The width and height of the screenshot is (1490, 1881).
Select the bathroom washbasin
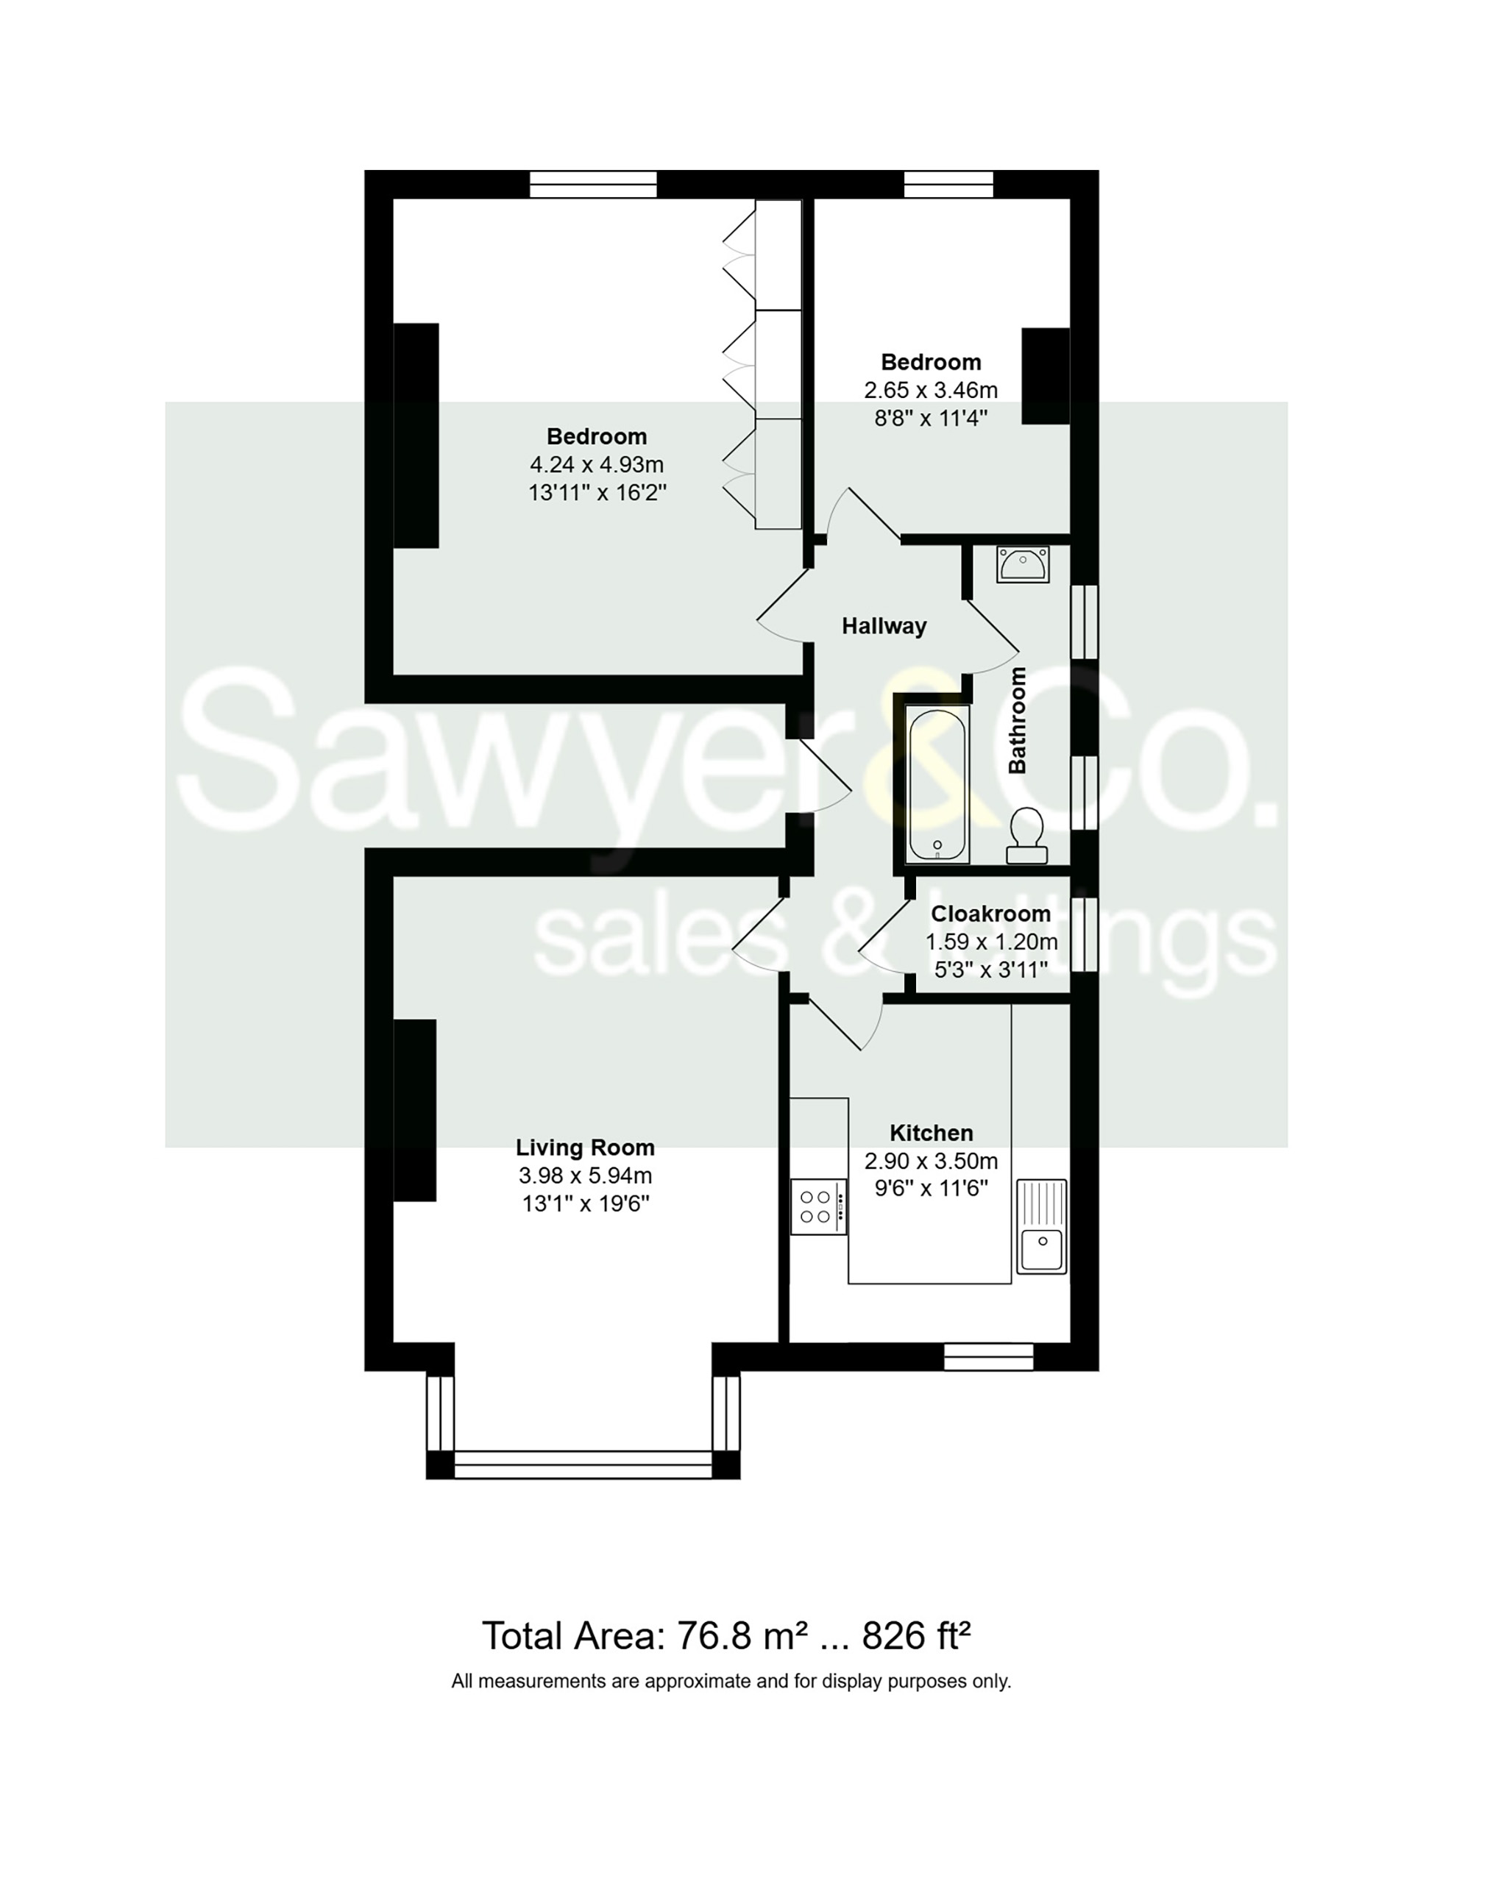click(x=1023, y=564)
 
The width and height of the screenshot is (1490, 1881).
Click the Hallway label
click(x=884, y=626)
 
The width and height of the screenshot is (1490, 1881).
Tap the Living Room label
click(x=584, y=1148)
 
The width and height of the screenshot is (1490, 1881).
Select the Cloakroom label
click(x=990, y=914)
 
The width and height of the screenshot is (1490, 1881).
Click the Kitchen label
click(x=931, y=1133)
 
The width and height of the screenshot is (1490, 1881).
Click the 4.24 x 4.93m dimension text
click(x=597, y=465)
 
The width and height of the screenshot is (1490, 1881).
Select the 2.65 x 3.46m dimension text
click(x=931, y=390)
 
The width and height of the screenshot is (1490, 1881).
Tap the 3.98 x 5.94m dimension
click(x=584, y=1176)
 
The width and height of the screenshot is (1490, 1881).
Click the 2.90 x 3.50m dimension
click(x=931, y=1161)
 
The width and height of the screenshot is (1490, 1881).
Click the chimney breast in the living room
click(x=415, y=1110)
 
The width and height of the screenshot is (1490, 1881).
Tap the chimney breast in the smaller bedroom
click(x=1045, y=376)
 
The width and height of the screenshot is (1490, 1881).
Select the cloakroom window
click(x=1084, y=934)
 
